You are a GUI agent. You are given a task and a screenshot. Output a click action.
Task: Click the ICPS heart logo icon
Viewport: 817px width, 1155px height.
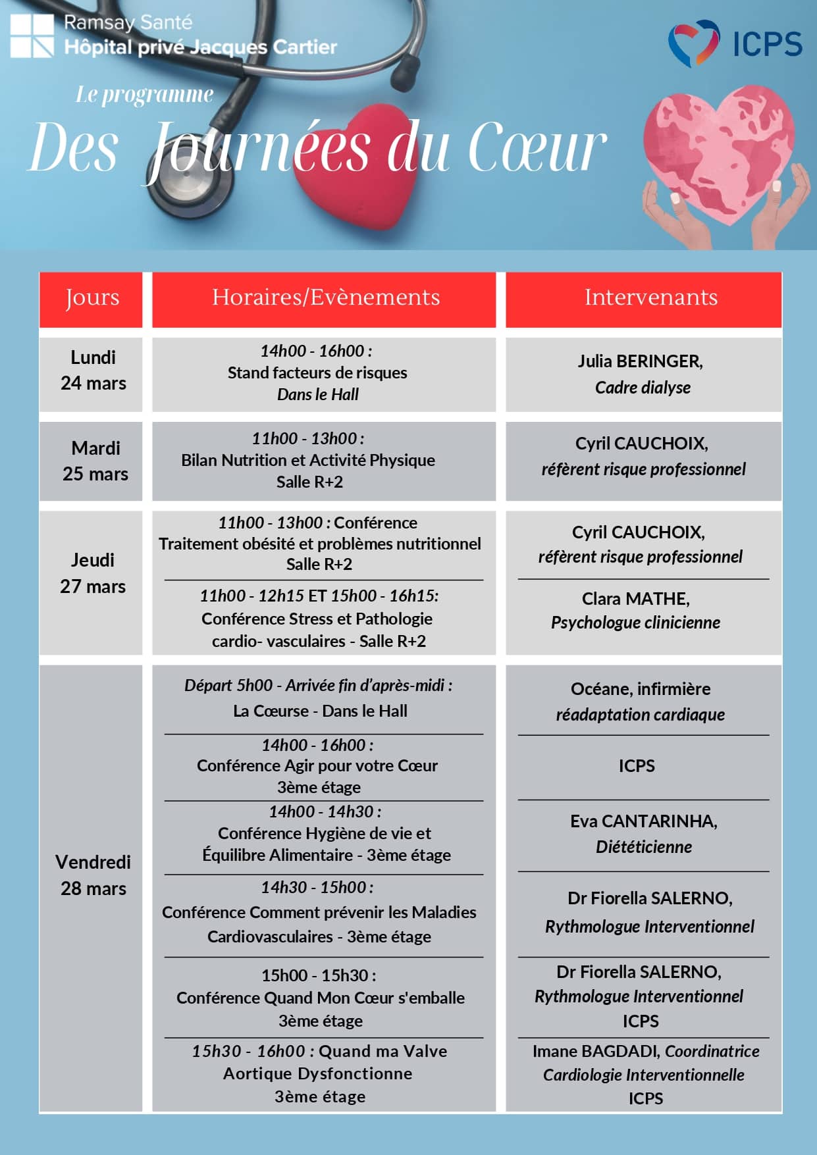[x=693, y=43]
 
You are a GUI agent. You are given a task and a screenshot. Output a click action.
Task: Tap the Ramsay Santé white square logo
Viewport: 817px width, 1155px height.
[x=32, y=36]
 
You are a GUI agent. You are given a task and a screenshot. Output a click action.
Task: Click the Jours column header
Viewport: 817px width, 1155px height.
[x=92, y=298]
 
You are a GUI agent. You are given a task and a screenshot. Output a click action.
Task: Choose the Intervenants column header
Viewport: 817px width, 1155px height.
[x=650, y=298]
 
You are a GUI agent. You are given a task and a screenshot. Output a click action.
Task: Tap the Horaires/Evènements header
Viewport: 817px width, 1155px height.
[x=325, y=298]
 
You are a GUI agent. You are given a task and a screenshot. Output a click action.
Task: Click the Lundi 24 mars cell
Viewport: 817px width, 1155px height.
[x=92, y=371]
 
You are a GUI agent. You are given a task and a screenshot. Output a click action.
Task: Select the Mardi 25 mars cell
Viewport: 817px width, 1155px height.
[x=95, y=461]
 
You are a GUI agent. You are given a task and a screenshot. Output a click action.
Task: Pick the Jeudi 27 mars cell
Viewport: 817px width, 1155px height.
[x=92, y=573]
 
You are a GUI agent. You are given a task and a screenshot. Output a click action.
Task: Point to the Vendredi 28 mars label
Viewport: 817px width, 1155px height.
[x=93, y=875]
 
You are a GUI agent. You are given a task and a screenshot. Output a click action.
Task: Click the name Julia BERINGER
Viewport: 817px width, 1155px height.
[x=640, y=361]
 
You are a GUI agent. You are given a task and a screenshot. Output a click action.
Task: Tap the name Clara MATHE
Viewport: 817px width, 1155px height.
[x=635, y=599]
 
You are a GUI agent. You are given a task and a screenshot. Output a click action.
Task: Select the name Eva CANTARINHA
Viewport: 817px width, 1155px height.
[x=643, y=821]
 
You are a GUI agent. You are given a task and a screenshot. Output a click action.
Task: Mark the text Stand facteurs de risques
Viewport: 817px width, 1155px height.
[x=317, y=373]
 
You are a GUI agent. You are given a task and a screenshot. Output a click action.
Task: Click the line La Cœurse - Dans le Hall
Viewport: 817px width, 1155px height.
[x=320, y=711]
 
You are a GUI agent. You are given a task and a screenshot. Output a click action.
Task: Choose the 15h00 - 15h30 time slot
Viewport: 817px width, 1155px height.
[x=319, y=975]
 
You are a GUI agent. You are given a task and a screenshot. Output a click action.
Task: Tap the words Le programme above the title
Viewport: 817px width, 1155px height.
[x=144, y=95]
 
